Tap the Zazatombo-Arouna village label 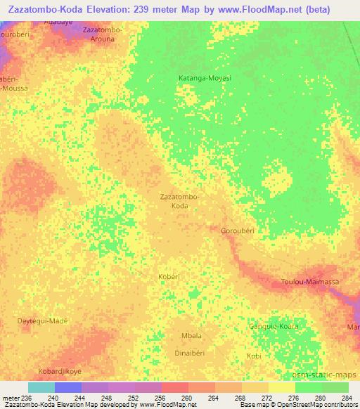[x=102, y=35]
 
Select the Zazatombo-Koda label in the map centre [x=180, y=202]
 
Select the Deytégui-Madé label [x=42, y=321]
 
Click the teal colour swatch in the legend [x=41, y=387]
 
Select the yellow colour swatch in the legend [x=281, y=387]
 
